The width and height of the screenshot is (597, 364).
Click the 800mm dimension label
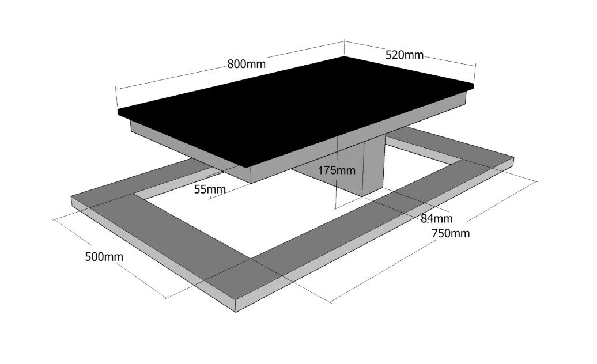pos(246,63)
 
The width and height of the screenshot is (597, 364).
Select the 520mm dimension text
pos(405,55)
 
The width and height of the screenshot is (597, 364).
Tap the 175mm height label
pos(337,170)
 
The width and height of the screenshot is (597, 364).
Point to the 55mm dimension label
pos(210,189)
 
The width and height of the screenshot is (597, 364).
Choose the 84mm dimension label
pos(437,218)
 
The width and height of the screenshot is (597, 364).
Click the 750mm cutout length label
pos(451,233)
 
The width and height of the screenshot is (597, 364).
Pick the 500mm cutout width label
pos(104,257)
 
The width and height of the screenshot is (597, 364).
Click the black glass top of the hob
pos(296,111)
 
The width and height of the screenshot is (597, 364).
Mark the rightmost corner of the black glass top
pos(474,84)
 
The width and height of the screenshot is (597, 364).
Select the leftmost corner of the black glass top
pos(118,111)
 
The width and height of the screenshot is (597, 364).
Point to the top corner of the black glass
pos(344,56)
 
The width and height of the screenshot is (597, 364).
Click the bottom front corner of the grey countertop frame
pos(236,312)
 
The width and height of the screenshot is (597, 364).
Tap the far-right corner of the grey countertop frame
pos(513,157)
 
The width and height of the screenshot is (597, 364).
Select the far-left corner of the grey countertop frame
pos(71,197)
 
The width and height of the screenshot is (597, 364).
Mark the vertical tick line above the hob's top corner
pos(344,47)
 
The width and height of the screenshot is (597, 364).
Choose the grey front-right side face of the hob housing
pos(358,137)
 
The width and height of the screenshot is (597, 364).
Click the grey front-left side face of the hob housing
pos(190,151)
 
